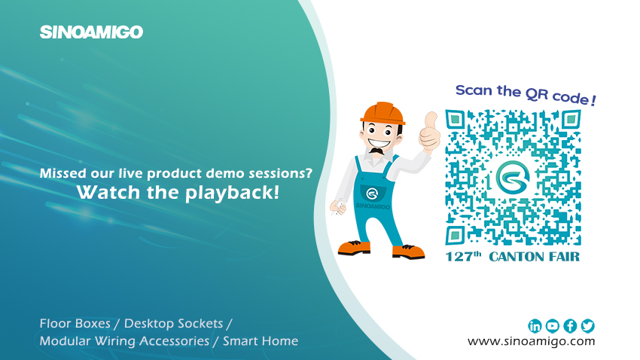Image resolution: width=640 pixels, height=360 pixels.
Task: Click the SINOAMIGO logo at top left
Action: coord(91,32)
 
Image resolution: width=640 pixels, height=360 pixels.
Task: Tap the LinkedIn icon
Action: coord(535,326)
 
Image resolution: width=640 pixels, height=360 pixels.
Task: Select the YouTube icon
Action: coord(552,326)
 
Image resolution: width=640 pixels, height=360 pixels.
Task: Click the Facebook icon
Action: coord(570,326)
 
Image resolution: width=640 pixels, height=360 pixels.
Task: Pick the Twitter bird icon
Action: coord(588,326)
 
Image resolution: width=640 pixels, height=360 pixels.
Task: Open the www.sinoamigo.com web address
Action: coord(531,341)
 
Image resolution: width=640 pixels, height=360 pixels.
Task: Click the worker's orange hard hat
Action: coord(382,113)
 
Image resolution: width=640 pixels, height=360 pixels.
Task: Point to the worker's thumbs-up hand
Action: coord(429,132)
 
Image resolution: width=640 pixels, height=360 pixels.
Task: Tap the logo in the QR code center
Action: coord(513,178)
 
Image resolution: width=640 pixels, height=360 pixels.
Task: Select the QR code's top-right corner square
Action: coord(571,120)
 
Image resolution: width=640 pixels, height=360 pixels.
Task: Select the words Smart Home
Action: coord(261,341)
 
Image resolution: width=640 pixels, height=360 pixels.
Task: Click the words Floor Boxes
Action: coord(75,324)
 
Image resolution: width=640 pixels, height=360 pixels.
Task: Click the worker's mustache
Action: coord(376,151)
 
